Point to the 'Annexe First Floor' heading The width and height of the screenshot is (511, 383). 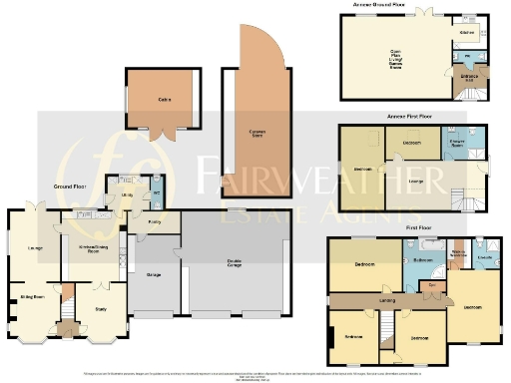[407, 117]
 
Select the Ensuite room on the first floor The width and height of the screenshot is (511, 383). [483, 257]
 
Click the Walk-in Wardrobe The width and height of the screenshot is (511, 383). [456, 254]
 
